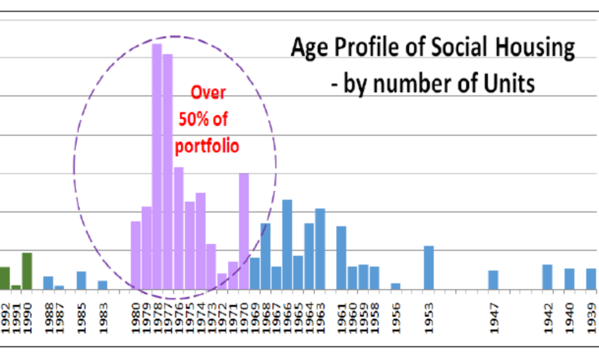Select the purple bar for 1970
pos(244,231)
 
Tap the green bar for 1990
pos(27,271)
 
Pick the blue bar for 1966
pos(287,245)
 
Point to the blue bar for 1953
pos(429,268)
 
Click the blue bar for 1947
pos(493,280)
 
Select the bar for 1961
pos(341,258)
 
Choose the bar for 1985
pos(81,280)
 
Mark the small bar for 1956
pos(395,286)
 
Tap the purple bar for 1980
pos(135,255)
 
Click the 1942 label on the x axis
pos(548,318)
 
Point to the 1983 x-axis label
pos(103,318)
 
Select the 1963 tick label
pos(321,318)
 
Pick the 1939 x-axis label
pos(591,318)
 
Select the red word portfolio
pos(208,145)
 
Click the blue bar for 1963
pos(320,249)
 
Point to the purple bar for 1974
pos(201,241)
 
